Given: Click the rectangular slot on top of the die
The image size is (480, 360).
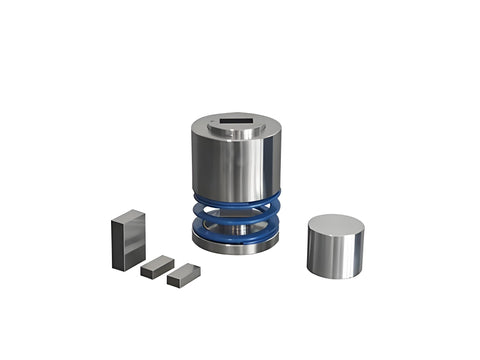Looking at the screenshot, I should [x=237, y=126].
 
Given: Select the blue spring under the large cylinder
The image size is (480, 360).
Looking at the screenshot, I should [x=237, y=218].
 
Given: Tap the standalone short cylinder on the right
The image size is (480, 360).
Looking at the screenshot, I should [x=335, y=246].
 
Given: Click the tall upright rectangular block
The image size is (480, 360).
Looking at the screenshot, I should [x=129, y=240].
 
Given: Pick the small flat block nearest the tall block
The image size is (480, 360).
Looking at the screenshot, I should [x=157, y=267].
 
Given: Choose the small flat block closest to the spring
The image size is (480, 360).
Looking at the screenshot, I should [x=184, y=275].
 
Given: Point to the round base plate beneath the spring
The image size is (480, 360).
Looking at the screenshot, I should [x=237, y=245].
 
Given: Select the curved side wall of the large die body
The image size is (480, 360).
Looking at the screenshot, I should [x=237, y=165].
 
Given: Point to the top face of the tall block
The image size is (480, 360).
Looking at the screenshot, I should [x=128, y=217].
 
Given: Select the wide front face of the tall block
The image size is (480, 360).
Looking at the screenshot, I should [x=122, y=246].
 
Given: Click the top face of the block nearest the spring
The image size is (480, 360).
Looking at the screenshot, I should [x=185, y=270].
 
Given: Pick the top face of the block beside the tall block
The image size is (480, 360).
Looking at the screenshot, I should [x=158, y=262].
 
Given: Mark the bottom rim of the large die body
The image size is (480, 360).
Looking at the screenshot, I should [x=237, y=196].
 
